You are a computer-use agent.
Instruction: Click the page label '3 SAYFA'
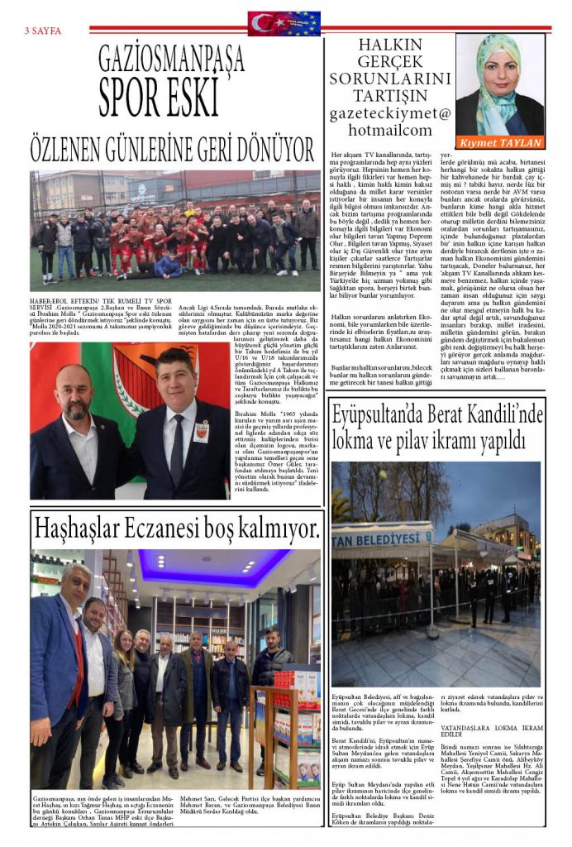[43, 31]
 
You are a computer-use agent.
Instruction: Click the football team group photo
[174, 232]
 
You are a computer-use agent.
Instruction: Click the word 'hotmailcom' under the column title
[390, 130]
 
